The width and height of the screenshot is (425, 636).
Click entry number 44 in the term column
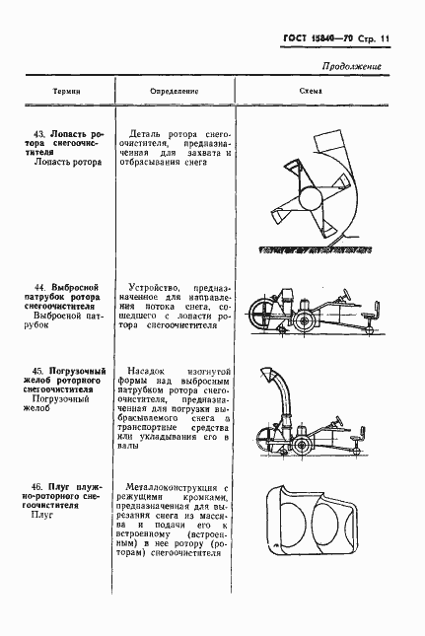tap(40, 287)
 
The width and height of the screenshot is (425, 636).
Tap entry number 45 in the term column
tap(40, 369)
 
